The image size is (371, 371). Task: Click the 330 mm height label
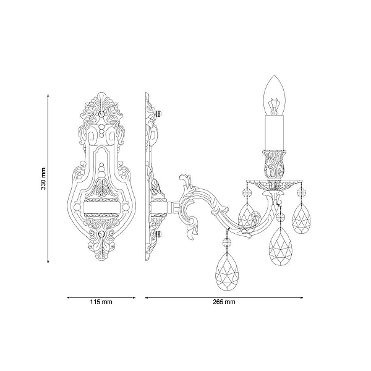[x=43, y=179]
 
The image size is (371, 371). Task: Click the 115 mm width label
[x=101, y=302]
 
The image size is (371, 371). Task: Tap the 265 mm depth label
[x=224, y=302]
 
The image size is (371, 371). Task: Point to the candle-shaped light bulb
[x=275, y=95]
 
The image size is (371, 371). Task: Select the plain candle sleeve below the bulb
[x=275, y=133]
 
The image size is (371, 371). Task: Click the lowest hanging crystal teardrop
[x=226, y=271]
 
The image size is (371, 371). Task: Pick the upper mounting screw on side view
[x=159, y=113]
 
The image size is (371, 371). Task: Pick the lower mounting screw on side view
[x=159, y=234]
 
